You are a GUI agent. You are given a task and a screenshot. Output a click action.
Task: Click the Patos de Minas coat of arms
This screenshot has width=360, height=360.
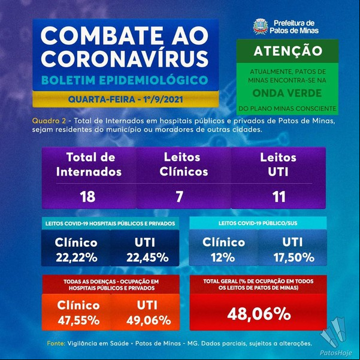click(261, 26)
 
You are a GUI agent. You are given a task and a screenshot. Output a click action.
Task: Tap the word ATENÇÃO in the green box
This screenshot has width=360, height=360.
click(288, 51)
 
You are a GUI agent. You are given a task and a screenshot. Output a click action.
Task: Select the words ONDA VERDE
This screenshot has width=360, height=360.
click(287, 93)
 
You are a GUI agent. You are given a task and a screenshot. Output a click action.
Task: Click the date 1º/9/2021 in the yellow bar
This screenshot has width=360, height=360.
click(164, 99)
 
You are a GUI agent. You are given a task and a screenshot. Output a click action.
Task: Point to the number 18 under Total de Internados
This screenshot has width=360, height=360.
click(87, 196)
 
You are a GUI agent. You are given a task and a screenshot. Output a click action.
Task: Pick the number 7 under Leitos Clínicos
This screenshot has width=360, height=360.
click(179, 196)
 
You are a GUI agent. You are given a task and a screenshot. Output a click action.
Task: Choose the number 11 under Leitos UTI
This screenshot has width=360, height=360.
click(279, 196)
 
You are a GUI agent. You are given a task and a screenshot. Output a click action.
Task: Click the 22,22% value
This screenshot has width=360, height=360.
click(77, 258)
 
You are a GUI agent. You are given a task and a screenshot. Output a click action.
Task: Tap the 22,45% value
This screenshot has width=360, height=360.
click(147, 258)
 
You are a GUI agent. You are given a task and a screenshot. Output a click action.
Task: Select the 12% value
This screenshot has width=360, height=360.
click(223, 258)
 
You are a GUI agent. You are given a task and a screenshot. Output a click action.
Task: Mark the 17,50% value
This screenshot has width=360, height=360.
click(294, 258)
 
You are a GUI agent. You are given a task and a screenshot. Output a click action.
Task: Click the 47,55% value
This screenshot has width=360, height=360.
click(78, 320)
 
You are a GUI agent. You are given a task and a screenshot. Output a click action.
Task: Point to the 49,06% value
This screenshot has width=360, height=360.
click(149, 320)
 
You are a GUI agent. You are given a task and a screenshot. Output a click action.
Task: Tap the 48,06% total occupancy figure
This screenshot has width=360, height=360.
click(259, 314)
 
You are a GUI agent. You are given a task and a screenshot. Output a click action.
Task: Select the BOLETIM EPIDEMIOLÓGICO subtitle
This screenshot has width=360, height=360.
click(125, 80)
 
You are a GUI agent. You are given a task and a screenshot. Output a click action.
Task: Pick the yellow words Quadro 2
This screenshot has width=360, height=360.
click(49, 121)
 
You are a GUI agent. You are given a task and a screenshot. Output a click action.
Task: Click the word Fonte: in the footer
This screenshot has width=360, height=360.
click(56, 343)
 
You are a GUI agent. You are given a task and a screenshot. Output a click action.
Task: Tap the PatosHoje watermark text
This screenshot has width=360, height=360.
click(336, 353)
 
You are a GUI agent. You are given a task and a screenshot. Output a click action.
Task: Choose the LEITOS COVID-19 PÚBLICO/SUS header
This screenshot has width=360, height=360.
click(258, 223)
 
